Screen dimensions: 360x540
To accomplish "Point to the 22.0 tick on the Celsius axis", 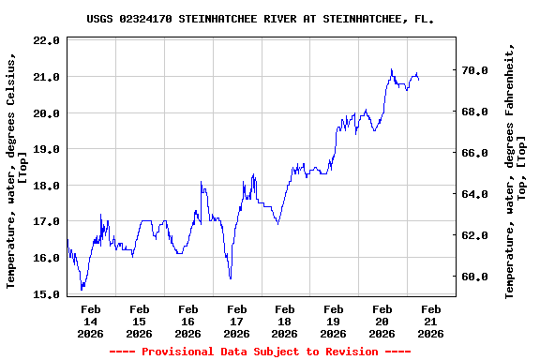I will coord(45,40).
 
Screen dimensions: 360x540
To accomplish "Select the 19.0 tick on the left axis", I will coord(45,149).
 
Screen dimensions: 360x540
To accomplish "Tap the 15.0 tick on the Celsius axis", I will coord(45,294).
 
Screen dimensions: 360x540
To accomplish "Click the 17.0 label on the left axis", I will coord(45,221).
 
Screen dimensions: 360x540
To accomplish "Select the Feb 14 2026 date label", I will coord(91,321).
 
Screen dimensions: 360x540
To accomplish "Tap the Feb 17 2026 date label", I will coord(236,321).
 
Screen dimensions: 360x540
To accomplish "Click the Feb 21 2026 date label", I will coord(430,321).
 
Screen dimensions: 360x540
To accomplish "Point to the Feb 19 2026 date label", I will coord(334,321).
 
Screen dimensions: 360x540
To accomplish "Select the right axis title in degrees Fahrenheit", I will coord(516,169).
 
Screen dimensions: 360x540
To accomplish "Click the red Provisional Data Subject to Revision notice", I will coord(260,352).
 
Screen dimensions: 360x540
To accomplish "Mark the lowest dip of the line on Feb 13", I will coord(82,290).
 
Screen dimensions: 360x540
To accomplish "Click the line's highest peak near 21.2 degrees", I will coord(391,69).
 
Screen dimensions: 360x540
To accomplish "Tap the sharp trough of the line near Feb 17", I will coord(230,278).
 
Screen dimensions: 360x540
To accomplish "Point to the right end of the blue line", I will coord(418,80).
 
